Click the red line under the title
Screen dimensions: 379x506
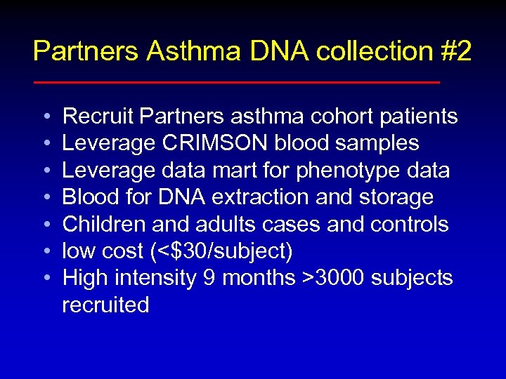236,82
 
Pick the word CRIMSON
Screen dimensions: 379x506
215,143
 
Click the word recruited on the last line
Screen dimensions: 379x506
106,305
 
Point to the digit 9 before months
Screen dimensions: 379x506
209,278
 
